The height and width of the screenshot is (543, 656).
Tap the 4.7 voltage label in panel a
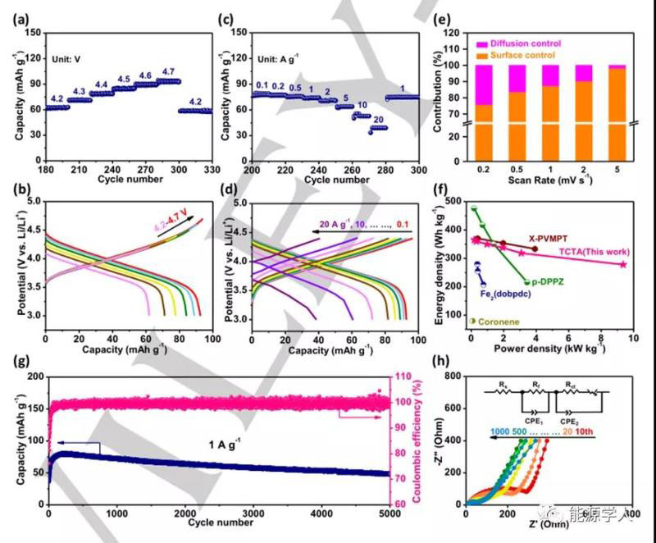[170, 71]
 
